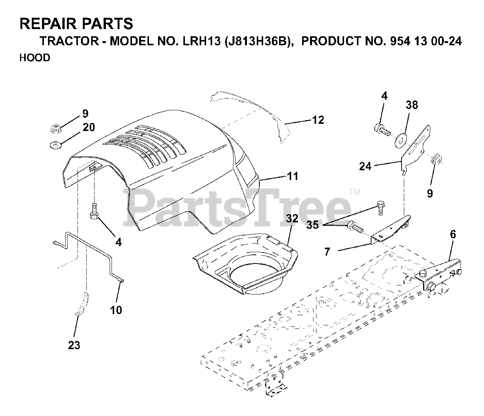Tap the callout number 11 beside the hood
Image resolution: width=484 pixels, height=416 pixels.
coord(292,176)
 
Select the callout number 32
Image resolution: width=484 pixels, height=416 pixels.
coord(292,218)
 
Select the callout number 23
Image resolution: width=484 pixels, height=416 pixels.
coord(74,345)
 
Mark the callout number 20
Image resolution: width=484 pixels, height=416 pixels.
coord(88,127)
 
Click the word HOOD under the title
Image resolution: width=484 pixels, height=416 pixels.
coord(35,58)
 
